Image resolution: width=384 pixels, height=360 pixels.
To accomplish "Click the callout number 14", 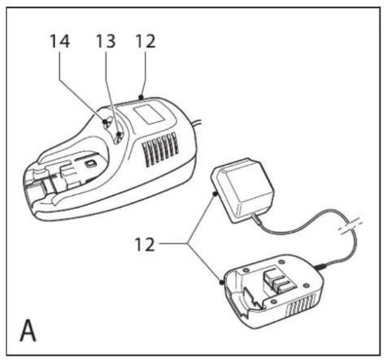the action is [60, 41].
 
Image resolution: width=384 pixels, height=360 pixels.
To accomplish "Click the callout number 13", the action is [106, 41].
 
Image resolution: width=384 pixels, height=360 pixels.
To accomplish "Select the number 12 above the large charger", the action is [145, 41].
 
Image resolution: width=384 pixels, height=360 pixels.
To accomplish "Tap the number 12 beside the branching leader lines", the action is [145, 244].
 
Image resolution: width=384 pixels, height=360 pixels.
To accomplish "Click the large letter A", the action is [28, 329].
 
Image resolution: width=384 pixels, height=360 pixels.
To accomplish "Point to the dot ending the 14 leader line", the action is [105, 121].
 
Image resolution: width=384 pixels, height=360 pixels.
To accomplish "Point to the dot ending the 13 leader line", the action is [119, 134].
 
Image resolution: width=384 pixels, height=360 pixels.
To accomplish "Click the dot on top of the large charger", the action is [141, 98].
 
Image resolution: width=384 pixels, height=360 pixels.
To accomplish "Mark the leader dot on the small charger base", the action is [221, 282].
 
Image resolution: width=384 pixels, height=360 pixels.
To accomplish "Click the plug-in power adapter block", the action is [242, 190].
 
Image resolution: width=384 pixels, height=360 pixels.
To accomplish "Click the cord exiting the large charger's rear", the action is [197, 123].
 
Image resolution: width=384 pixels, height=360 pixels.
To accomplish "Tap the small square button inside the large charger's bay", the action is [90, 163].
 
